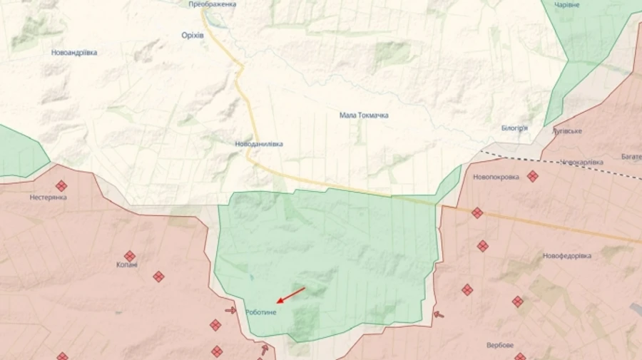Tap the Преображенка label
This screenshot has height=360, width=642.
(213, 4)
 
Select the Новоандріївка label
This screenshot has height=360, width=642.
(74, 53)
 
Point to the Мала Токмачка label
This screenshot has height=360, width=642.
(364, 115)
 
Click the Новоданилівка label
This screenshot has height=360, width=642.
(259, 144)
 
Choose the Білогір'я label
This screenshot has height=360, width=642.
(514, 128)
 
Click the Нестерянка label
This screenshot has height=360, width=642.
(49, 197)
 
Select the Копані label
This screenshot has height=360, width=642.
(128, 265)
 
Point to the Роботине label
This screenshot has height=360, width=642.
(260, 312)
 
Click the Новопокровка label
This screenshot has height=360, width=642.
(496, 177)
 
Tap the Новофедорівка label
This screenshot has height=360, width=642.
(567, 256)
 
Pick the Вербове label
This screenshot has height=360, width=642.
(500, 346)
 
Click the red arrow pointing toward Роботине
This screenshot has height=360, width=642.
(290, 295)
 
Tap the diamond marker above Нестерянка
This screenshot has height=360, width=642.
(61, 185)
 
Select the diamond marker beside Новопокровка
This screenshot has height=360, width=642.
(532, 176)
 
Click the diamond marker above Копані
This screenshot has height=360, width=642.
(130, 256)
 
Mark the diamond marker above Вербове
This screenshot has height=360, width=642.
(517, 302)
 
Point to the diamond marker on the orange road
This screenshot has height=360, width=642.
(477, 212)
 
